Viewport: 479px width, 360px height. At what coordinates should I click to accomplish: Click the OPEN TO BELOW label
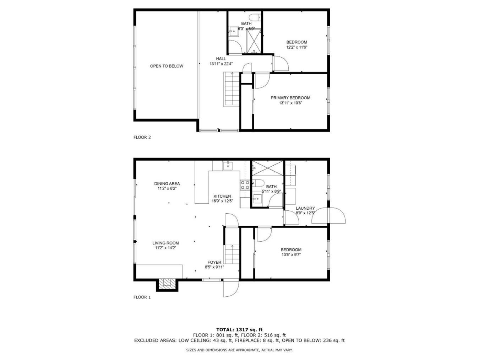tap(167, 66)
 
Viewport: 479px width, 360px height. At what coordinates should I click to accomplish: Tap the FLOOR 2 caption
tap(142, 137)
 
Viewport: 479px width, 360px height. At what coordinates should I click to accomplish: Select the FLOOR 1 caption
tap(142, 297)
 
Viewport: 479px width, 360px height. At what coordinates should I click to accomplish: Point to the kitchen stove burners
tap(245, 185)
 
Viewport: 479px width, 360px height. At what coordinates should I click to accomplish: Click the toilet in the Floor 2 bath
tap(255, 17)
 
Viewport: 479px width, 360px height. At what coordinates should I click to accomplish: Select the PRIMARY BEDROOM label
tap(290, 98)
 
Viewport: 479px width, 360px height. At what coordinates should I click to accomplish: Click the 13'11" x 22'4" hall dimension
tap(221, 64)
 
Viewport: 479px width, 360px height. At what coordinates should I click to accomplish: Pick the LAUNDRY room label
tap(305, 208)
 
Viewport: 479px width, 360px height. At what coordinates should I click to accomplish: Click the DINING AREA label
tap(167, 184)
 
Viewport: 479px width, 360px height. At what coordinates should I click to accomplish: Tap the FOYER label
tap(214, 262)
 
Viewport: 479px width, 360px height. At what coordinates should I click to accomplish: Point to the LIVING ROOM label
tap(165, 243)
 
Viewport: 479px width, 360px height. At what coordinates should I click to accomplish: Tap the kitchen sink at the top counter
tap(228, 166)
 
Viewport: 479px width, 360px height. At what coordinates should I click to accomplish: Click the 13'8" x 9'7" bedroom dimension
tap(291, 254)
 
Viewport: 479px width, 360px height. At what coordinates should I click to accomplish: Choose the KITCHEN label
tap(222, 196)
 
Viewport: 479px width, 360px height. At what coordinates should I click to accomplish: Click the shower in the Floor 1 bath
tap(267, 168)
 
